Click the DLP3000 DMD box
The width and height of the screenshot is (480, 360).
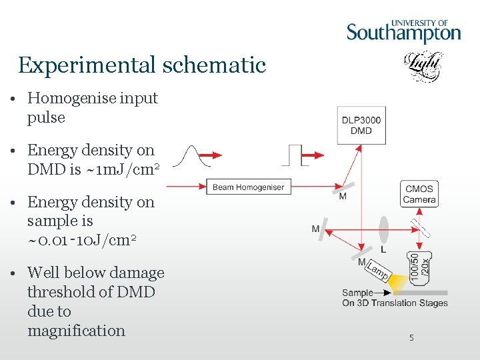[x=361, y=125]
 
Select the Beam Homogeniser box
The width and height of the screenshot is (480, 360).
[x=248, y=187]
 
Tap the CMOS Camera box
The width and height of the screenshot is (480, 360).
[x=419, y=194]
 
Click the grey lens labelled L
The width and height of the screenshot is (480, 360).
[x=383, y=229]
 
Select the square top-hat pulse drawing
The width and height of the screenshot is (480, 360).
[x=291, y=155]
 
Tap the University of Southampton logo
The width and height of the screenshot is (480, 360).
[x=403, y=31]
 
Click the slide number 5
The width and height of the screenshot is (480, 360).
[x=411, y=338]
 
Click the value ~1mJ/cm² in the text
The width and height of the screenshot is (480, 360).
[x=123, y=169]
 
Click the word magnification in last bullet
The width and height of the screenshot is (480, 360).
[x=76, y=331]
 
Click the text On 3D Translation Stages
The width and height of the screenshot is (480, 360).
[x=395, y=303]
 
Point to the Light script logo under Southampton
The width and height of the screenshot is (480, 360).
[x=423, y=67]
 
